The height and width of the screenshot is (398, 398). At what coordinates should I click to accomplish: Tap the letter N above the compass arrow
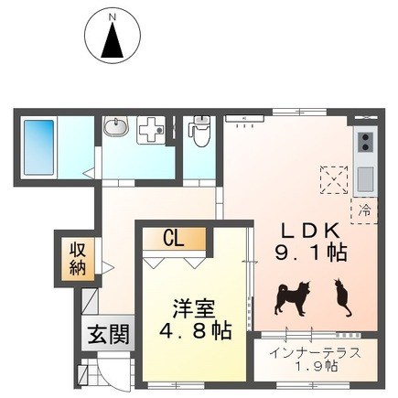pos(113,17)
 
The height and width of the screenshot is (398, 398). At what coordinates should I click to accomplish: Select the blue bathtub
pos(38,147)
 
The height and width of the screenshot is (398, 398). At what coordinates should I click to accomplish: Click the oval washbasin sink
pos(115,126)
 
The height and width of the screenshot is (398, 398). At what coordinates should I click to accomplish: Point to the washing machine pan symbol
pos(151,130)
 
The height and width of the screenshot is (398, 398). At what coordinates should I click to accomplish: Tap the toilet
pos(199,131)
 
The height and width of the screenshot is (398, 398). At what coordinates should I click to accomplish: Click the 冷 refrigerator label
pos(364,210)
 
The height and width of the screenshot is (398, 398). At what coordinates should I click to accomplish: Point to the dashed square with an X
pos(334,179)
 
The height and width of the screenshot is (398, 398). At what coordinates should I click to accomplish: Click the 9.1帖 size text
pos(311,253)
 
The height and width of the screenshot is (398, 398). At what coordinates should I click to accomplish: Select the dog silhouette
pos(293,297)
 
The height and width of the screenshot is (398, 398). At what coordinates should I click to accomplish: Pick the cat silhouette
pos(342,297)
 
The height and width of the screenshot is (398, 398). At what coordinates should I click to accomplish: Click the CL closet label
pos(174,238)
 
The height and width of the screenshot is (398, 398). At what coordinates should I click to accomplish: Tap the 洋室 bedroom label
pos(194,309)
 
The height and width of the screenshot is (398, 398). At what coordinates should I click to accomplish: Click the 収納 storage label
pos(78,259)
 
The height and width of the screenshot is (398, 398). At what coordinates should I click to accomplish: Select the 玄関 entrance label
pos(109,333)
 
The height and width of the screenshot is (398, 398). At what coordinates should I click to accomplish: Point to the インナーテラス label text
pos(316,354)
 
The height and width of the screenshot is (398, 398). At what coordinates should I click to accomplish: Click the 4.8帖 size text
pos(195,330)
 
